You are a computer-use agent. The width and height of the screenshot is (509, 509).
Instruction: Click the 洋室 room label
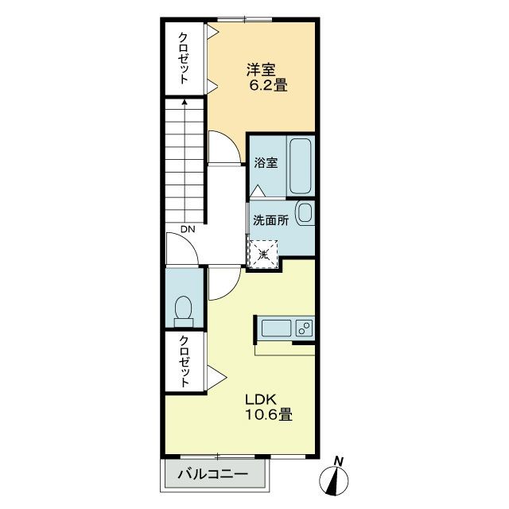pos(261,69)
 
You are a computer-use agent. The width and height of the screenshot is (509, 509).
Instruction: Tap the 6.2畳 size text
pos(269,86)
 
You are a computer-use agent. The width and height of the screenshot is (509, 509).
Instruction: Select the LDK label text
pos(261,399)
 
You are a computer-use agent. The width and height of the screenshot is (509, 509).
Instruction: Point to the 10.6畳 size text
pos(269,414)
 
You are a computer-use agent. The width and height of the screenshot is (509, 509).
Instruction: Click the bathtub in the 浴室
pos(301,166)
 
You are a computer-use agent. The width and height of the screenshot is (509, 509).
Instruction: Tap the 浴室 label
pos(266,162)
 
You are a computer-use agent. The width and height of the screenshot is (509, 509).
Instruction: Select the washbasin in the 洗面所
pos(305,213)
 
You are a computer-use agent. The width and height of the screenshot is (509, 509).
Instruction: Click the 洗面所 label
pos(270,221)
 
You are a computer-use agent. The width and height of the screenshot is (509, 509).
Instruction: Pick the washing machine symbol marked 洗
pos(262,254)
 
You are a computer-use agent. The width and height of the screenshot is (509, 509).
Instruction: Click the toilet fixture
pos(184,311)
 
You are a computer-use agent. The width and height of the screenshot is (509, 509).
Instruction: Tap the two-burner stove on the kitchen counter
pos(305,328)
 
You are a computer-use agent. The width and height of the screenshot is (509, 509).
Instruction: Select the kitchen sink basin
pos(276,328)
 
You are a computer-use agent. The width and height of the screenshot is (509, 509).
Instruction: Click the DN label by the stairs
pos(188,230)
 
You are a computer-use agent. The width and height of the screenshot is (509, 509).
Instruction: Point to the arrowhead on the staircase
pos(185,102)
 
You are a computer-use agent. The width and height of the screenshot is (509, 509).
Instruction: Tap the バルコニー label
pos(212,474)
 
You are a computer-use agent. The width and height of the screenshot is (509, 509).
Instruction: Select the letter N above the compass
pos(339,461)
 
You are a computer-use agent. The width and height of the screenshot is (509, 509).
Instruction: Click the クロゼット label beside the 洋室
pos(184,58)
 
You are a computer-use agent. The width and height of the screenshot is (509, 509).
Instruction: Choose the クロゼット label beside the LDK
pos(184,362)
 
